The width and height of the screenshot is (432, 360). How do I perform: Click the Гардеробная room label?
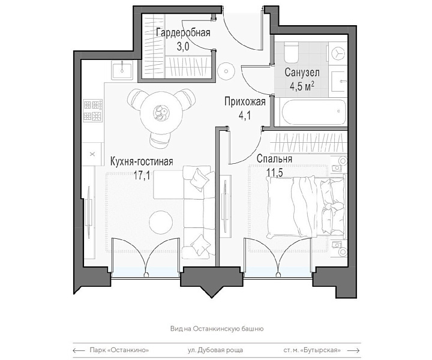pos(183,32)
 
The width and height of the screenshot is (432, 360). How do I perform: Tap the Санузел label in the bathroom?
pos(302,73)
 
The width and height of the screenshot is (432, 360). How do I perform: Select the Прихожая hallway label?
pos(245,101)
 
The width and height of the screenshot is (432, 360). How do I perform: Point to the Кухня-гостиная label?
pos(142,161)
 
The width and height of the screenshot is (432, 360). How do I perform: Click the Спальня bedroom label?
pos(274,158)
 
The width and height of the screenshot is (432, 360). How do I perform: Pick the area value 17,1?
pos(142,175)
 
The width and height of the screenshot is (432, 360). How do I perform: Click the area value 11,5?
pos(275,173)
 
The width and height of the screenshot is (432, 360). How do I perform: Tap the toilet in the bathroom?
pos(292,52)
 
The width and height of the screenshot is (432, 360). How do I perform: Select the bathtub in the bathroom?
pos(313,113)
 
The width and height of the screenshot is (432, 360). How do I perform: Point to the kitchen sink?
pos(122,70)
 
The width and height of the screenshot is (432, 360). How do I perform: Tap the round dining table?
pos(161,113)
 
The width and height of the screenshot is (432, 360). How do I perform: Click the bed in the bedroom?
pos(306,207)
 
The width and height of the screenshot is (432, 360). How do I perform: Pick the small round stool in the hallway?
pos(226,71)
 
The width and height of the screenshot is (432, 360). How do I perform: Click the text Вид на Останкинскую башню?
pos(217,329)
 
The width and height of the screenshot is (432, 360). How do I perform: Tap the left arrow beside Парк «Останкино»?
pos(79,350)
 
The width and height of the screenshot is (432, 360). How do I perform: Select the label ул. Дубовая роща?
pos(215,350)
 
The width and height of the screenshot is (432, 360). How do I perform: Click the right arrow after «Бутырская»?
pos(353,350)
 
